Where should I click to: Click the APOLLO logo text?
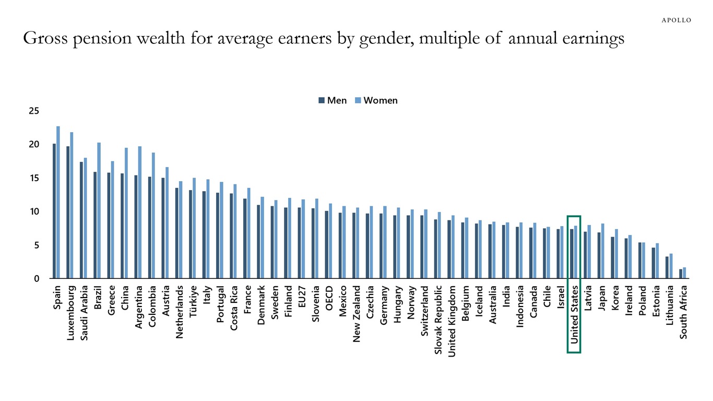point(676,20)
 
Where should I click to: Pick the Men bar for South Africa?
point(681,274)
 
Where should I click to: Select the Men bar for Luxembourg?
point(68,212)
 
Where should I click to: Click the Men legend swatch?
point(322,101)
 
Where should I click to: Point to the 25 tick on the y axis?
point(34,111)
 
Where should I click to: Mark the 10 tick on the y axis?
point(34,211)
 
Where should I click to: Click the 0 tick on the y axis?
point(37,278)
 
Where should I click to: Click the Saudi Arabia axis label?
point(85,312)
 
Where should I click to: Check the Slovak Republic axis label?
point(438,320)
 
